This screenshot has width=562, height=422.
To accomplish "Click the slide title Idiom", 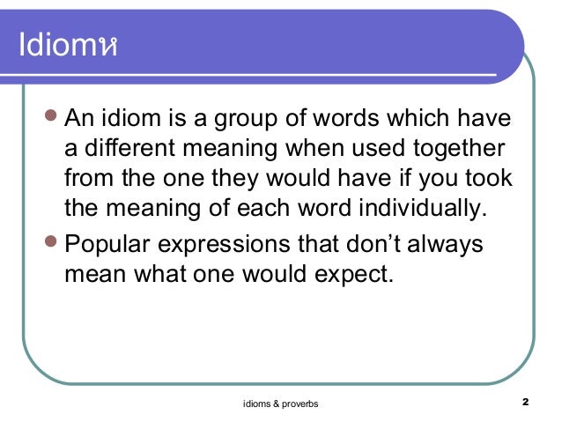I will click(63, 45).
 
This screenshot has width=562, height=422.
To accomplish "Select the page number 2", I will click(524, 402).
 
